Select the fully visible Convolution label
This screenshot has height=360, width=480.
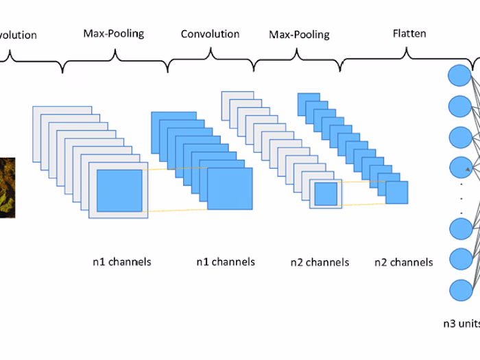click(x=210, y=34)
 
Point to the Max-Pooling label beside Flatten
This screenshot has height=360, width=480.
click(x=299, y=34)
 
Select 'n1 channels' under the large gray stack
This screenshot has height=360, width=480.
click(x=121, y=261)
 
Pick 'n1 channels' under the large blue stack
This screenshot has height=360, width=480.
click(x=226, y=261)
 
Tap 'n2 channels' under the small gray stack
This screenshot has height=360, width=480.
click(x=320, y=262)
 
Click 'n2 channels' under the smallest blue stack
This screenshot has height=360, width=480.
click(x=404, y=262)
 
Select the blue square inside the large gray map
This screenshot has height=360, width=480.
click(x=119, y=191)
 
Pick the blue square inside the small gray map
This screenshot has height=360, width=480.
click(x=326, y=194)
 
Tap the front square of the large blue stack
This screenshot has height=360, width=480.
click(x=230, y=189)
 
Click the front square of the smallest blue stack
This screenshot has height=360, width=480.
click(x=396, y=193)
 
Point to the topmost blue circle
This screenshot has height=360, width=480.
click(x=459, y=76)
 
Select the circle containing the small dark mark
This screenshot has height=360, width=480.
click(x=459, y=167)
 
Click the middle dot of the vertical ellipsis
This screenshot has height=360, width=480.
click(x=461, y=198)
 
